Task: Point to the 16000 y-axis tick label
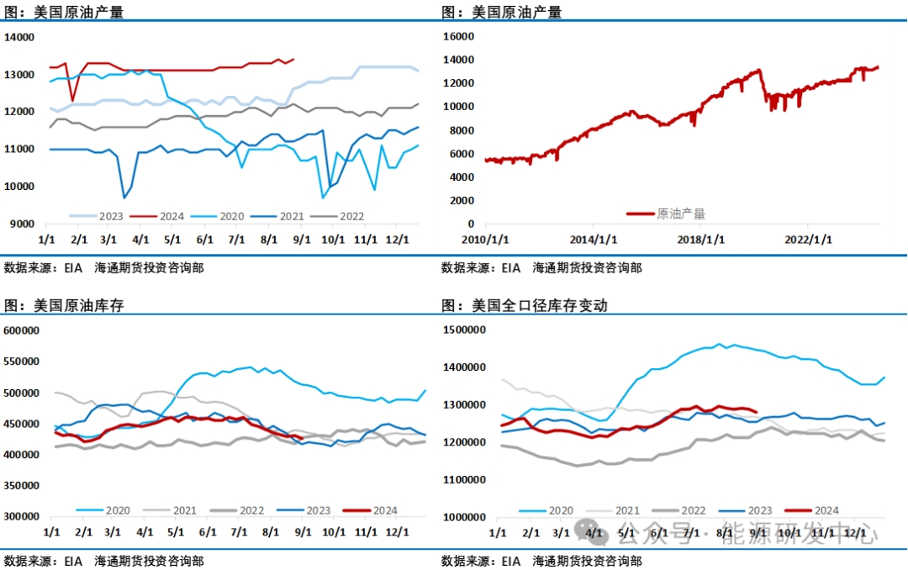coord(460,37)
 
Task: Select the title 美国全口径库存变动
coord(539,306)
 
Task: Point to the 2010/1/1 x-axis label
coord(484,240)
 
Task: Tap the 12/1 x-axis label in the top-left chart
coord(399,240)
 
